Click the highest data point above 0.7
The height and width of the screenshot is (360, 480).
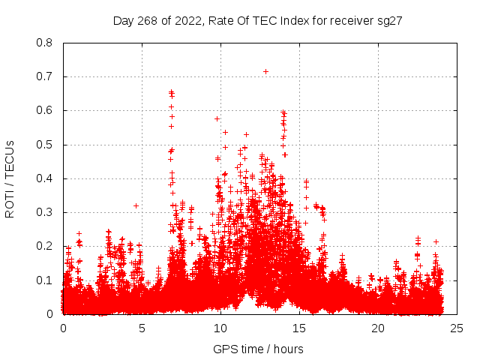[265, 71]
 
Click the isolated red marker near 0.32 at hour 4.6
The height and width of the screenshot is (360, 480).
[136, 205]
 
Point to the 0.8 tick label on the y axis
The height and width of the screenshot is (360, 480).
[45, 43]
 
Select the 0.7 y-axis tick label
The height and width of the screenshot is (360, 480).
[45, 76]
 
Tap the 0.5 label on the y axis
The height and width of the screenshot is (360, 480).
[45, 145]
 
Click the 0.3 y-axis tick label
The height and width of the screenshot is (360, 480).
[45, 212]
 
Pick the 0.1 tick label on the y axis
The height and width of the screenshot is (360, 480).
[45, 280]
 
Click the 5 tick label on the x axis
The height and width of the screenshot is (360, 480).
[142, 328]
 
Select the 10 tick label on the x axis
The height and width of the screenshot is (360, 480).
[220, 328]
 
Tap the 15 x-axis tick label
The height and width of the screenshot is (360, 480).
[299, 328]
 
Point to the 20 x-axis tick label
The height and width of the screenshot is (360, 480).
[378, 328]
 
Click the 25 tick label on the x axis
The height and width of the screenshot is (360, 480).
[457, 328]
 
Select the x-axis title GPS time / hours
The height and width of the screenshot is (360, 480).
[259, 349]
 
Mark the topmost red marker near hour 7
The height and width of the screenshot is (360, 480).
[171, 91]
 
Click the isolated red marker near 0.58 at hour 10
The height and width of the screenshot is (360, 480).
[217, 118]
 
